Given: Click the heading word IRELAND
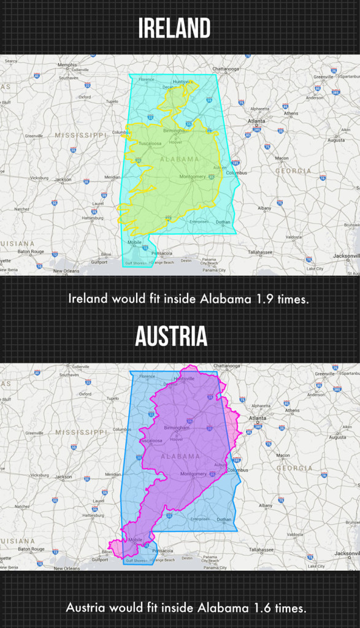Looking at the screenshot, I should (174, 29).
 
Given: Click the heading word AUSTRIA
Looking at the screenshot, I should (171, 337).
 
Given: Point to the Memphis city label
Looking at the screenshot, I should (67, 65).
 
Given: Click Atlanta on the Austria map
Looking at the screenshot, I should (258, 418).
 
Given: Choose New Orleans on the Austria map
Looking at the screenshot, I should (66, 568).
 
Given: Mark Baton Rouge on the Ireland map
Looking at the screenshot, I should (31, 251).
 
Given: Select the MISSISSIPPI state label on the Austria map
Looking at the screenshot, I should (82, 432).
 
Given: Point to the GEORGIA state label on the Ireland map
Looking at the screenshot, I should (293, 171).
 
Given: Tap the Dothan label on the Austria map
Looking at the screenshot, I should (224, 519).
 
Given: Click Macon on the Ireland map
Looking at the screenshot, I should (281, 158).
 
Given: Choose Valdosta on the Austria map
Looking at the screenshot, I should (294, 534).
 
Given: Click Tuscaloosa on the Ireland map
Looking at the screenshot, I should (150, 144).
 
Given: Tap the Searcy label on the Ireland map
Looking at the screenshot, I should (11, 61).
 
